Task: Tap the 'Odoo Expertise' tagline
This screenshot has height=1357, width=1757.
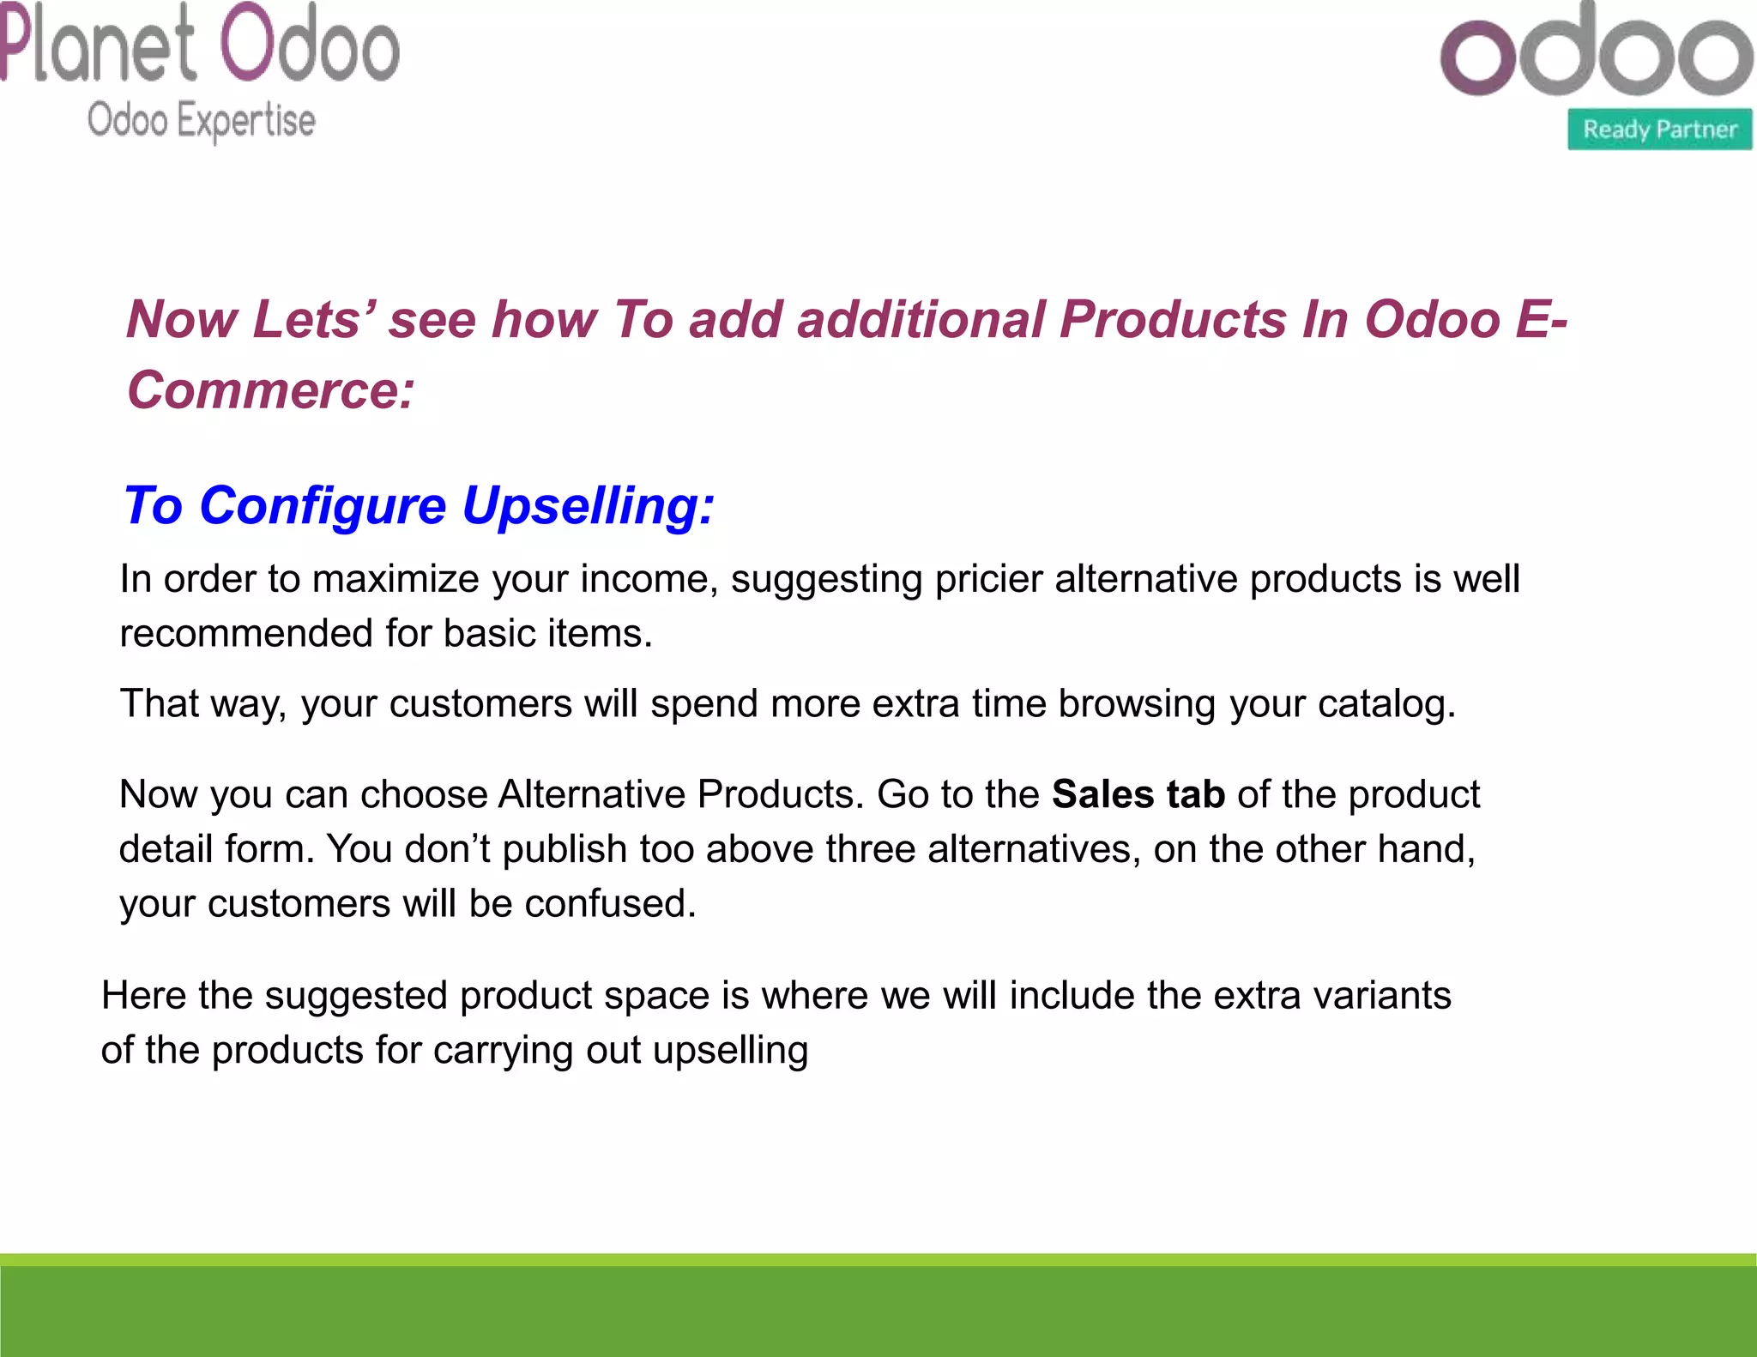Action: click(x=202, y=120)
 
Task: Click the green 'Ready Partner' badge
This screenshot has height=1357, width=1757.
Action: click(x=1659, y=130)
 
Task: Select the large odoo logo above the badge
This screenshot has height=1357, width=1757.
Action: click(x=1596, y=53)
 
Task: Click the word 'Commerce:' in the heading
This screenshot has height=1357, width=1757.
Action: click(x=271, y=390)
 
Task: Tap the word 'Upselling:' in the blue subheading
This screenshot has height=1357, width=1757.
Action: click(x=588, y=505)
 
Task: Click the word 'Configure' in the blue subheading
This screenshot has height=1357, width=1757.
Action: click(x=323, y=505)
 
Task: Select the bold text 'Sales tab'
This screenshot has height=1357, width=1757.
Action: click(x=1138, y=794)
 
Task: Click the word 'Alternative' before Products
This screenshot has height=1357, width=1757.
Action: click(x=591, y=794)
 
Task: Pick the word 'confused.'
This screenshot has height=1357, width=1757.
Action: click(x=610, y=904)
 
